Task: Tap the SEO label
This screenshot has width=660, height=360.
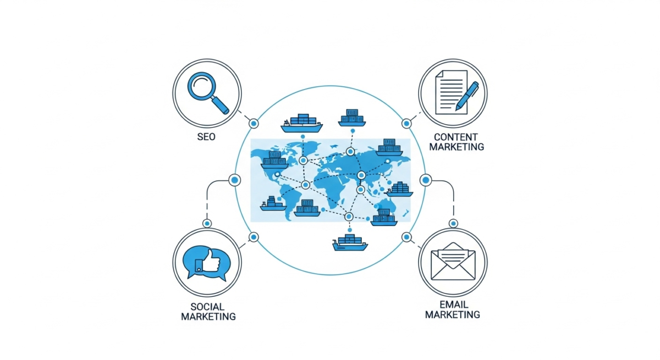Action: (206, 137)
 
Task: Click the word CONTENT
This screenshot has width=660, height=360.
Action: (455, 137)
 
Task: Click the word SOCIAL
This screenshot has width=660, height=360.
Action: (207, 306)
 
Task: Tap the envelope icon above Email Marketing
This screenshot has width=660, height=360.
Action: (453, 261)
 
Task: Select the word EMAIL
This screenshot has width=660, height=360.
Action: (453, 304)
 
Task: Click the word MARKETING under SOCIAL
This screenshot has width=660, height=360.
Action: (208, 317)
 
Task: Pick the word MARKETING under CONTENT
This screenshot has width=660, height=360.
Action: (457, 147)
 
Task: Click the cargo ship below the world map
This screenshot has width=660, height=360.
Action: (350, 242)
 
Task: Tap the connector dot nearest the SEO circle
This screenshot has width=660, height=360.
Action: (254, 123)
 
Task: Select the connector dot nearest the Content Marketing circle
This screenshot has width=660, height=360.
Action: (406, 123)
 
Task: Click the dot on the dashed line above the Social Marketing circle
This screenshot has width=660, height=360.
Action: (207, 223)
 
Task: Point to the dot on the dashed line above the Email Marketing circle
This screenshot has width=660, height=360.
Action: (453, 223)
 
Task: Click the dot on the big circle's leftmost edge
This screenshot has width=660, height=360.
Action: (235, 180)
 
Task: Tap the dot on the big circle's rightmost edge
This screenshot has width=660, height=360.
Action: (425, 180)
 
